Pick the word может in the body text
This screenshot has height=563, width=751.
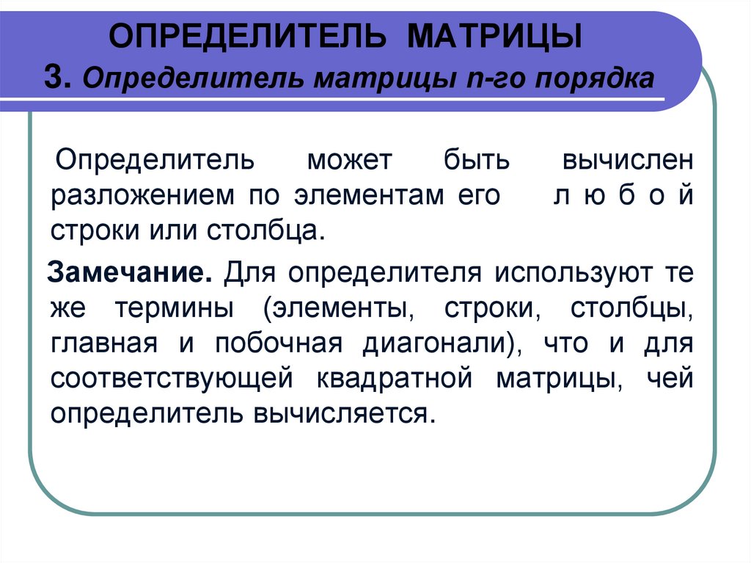click(x=350, y=159)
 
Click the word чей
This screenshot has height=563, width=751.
click(x=670, y=379)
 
